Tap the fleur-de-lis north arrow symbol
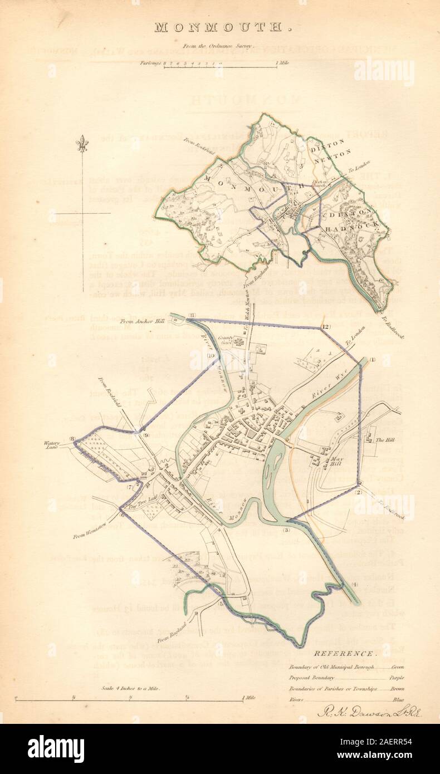[x=82, y=143]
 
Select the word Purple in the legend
[x=397, y=678]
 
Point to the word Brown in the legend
[x=397, y=689]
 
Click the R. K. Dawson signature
[x=368, y=712]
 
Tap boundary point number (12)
[x=326, y=326]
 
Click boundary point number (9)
[x=146, y=435]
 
